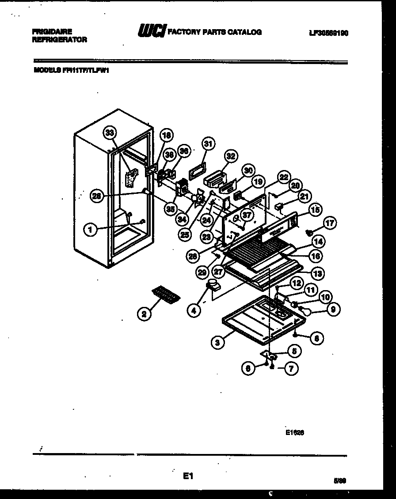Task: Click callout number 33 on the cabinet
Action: pos(110,132)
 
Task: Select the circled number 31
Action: pos(208,144)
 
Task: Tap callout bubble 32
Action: pos(231,155)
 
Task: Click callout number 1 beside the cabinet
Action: pos(90,229)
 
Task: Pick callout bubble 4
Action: pos(193,310)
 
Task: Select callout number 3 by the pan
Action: pos(216,342)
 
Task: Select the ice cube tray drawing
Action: pos(166,293)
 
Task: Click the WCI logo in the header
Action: pos(152,31)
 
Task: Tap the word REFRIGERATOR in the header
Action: pos(60,39)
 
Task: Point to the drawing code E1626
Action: pos(295,433)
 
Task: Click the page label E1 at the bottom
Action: pos(188,476)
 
